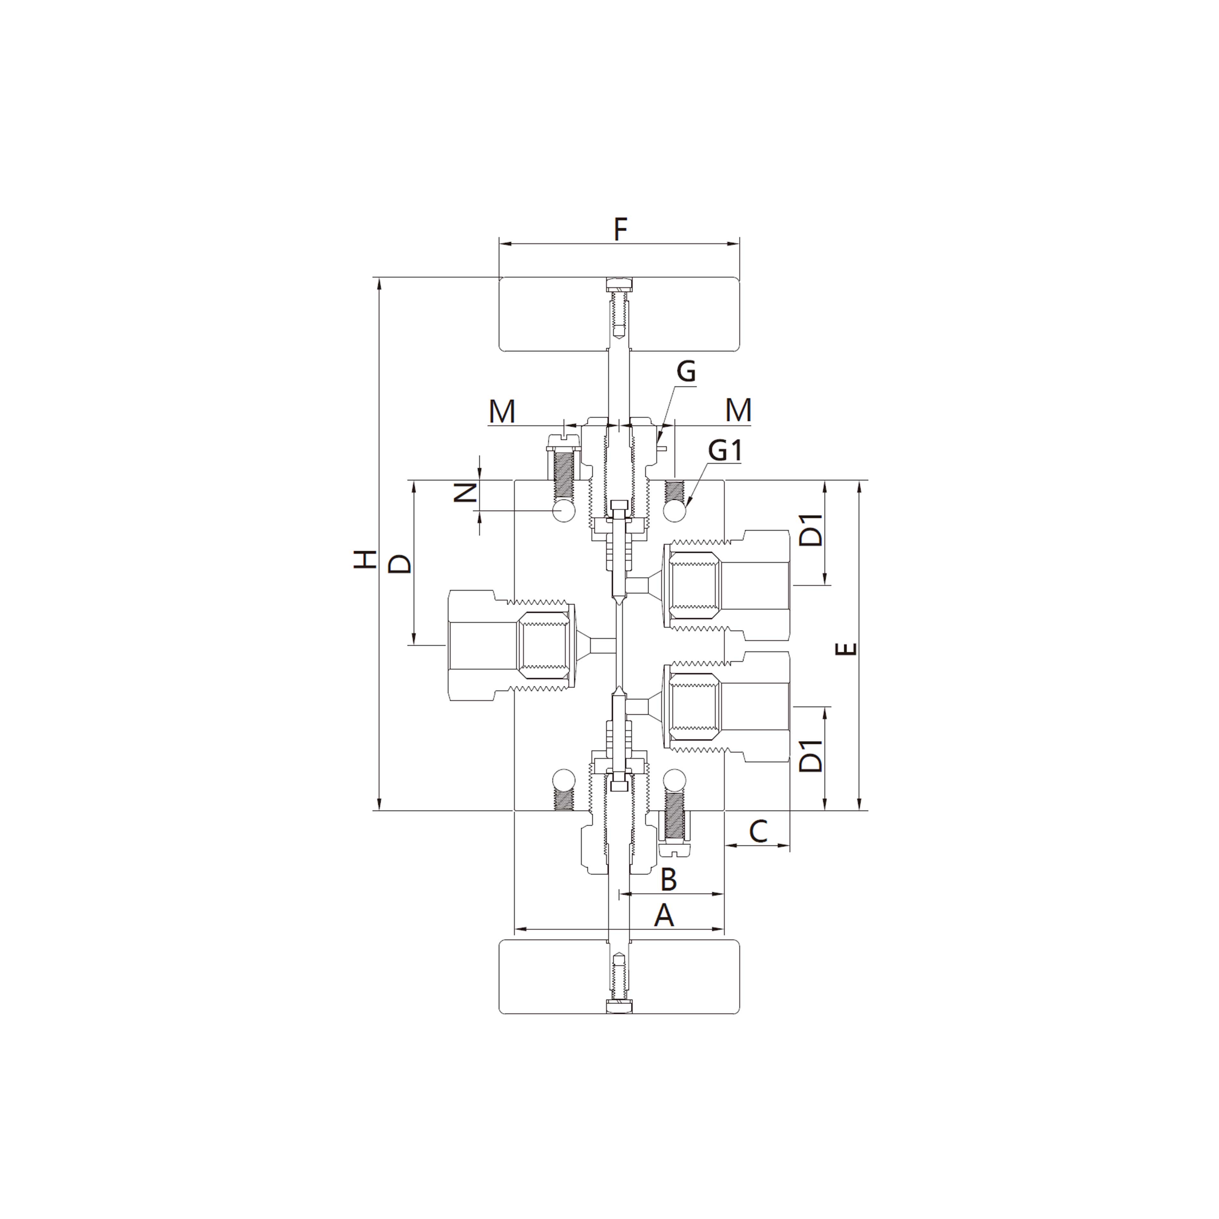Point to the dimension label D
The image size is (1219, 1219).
click(399, 563)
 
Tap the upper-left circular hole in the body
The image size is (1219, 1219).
click(563, 511)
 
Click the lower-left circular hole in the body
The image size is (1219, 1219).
click(563, 780)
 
